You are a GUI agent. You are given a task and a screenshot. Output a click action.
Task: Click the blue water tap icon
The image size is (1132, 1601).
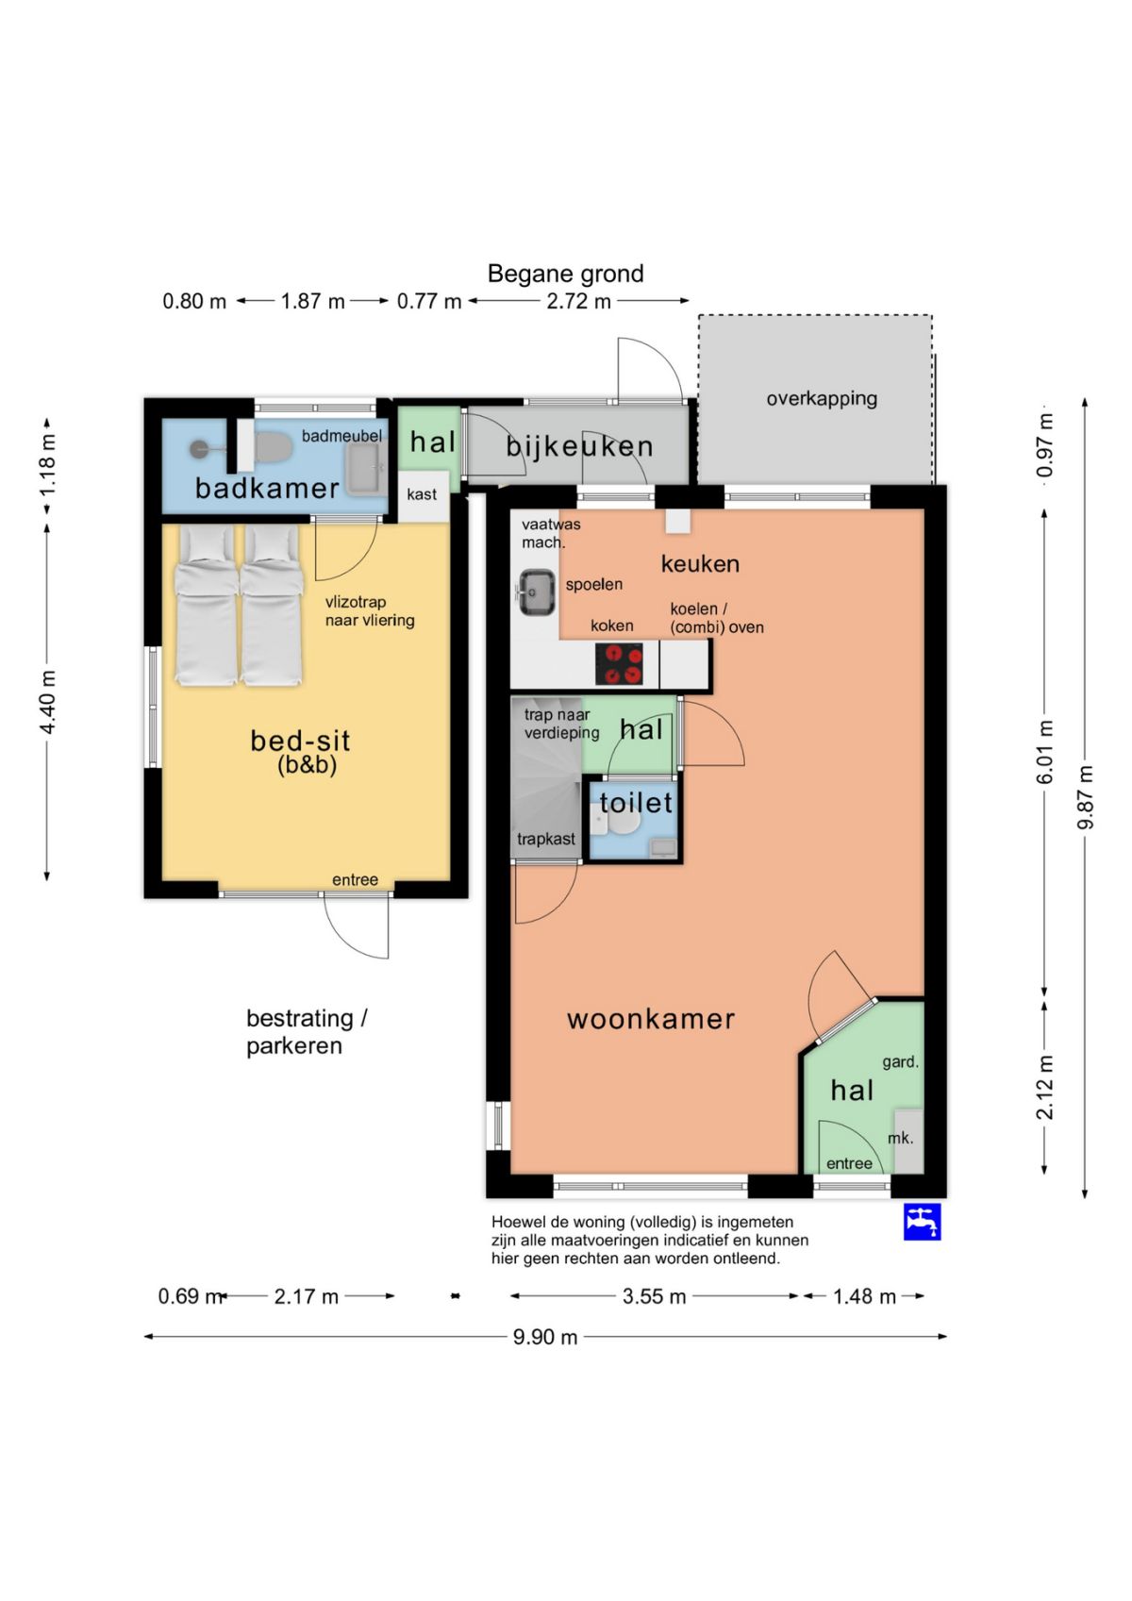coord(922,1222)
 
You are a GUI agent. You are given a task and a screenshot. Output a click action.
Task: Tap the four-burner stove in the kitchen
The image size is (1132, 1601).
coord(619,664)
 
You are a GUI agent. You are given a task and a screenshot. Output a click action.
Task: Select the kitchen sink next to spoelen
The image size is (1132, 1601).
coord(537,592)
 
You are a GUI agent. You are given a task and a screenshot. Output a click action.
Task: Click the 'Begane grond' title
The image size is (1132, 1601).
coord(565,274)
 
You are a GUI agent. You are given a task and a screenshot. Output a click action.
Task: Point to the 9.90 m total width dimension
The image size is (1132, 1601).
coord(545,1337)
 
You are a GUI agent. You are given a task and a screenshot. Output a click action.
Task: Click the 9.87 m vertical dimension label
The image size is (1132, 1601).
coord(1086,797)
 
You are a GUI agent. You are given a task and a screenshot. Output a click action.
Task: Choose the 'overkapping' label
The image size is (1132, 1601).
coord(822,399)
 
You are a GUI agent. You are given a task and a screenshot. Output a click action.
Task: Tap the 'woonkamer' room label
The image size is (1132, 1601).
coord(651,1019)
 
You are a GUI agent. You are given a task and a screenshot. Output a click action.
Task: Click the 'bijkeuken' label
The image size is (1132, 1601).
coord(579,446)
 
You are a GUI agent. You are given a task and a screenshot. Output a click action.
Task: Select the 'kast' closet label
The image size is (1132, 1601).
coord(422,493)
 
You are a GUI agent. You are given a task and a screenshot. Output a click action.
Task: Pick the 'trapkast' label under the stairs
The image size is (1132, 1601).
coord(546,839)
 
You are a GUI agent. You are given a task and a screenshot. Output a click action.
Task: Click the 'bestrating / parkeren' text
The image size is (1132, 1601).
coord(307,1032)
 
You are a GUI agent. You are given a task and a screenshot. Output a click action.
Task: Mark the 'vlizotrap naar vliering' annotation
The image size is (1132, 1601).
coord(370,611)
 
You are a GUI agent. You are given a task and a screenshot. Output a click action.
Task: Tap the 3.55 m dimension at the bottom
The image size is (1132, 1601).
coord(654,1296)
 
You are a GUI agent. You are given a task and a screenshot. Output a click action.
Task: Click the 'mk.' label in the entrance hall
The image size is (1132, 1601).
coord(901,1138)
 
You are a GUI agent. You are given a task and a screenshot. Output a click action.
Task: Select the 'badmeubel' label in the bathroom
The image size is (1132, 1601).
coord(341,435)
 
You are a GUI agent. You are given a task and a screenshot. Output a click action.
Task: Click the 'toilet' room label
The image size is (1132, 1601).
coord(636,803)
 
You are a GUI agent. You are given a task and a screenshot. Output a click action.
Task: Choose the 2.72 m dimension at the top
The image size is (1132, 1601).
coord(579,301)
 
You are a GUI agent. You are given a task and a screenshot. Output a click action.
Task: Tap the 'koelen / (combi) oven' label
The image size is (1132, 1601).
coord(717,618)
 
